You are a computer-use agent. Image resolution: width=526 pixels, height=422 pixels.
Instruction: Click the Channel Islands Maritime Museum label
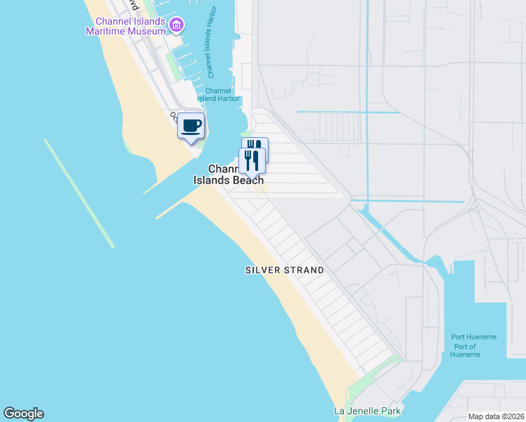[124, 26]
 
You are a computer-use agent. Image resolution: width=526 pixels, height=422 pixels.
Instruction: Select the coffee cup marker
[191, 126]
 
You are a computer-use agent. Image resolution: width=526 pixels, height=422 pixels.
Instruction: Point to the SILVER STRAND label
[284, 270]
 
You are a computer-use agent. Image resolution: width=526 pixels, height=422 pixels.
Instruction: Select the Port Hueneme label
[473, 338]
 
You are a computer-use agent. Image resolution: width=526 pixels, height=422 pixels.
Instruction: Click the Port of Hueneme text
[465, 350]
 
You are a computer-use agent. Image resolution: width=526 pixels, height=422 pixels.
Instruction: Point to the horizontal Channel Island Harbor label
[223, 94]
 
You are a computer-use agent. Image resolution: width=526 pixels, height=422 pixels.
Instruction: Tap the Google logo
[23, 414]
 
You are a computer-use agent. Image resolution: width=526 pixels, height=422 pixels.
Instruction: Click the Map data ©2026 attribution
[496, 416]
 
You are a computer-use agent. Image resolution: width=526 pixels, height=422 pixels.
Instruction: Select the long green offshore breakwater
[79, 193]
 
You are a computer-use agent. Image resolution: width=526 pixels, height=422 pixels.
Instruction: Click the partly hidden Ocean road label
[172, 117]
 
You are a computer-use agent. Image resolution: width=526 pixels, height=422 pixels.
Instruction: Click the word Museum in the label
[147, 31]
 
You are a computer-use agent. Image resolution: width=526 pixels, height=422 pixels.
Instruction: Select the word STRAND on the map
[304, 270]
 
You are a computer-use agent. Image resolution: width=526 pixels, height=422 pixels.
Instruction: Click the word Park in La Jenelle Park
[380, 411]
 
